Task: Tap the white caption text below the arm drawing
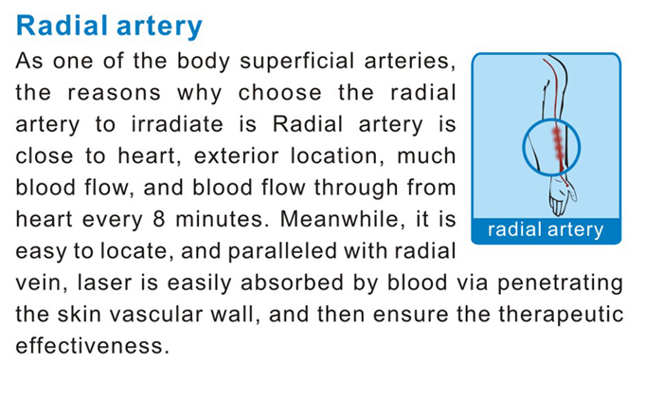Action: coord(546,229)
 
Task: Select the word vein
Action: coord(38,282)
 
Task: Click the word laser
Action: coord(105,282)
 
